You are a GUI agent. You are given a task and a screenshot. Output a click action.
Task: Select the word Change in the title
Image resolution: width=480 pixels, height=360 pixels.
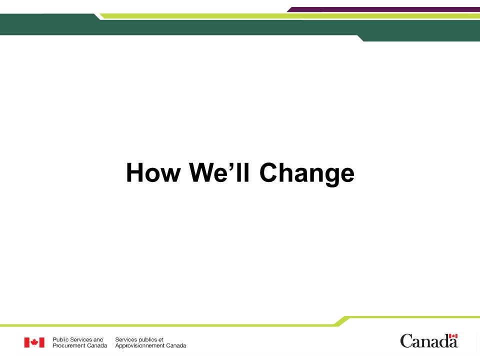(306, 174)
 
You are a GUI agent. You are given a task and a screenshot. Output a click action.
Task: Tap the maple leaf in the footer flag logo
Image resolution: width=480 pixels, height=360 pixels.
(34, 342)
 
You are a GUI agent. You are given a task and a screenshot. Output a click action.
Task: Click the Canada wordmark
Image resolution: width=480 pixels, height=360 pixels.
(429, 341)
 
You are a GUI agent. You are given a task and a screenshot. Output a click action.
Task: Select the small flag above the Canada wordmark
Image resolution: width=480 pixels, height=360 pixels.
(453, 336)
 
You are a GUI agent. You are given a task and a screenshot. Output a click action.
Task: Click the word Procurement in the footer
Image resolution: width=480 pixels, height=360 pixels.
(69, 345)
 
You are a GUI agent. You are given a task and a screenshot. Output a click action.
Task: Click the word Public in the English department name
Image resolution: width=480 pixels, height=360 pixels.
(60, 339)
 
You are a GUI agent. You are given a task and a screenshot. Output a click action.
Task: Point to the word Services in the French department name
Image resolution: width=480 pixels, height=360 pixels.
(126, 339)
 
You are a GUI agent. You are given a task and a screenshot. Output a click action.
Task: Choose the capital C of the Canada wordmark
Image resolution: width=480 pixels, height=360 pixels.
(406, 341)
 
